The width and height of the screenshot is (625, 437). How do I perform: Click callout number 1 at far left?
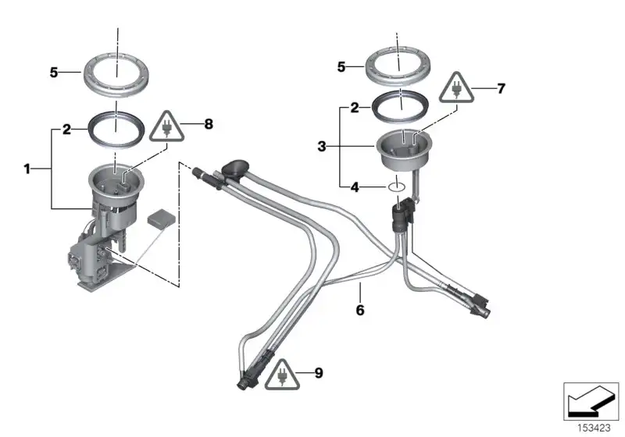point(27,169)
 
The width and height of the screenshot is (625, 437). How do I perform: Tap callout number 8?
point(209,124)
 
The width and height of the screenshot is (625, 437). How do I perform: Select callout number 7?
point(501,88)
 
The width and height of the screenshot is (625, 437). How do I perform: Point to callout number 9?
point(319,373)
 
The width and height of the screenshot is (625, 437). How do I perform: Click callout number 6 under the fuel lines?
point(360,310)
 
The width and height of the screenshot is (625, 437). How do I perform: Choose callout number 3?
point(322,147)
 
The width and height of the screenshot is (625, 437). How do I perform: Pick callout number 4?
point(355,187)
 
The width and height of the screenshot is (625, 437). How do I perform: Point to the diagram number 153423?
point(594,428)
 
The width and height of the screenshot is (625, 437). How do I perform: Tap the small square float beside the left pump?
point(162,218)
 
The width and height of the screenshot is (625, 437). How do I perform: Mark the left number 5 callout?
point(54,73)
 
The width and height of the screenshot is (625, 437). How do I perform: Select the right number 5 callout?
point(341,67)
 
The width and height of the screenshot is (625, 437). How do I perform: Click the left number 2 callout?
point(66,130)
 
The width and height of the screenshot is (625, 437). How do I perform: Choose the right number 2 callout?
point(355,108)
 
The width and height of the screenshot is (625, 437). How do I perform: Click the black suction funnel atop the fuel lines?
point(235,167)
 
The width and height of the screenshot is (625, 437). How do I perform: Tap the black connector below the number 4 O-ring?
point(403,215)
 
